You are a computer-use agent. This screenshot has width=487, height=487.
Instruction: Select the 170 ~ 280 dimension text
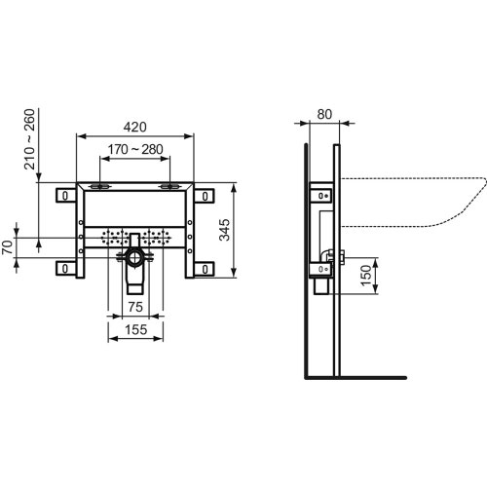point(134,150)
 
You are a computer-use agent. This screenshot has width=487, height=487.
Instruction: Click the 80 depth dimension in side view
point(323,114)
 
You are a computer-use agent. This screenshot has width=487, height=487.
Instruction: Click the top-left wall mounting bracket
point(64,196)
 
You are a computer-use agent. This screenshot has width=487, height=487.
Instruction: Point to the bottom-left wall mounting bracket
point(64,267)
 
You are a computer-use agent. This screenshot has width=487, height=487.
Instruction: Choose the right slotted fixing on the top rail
point(170,186)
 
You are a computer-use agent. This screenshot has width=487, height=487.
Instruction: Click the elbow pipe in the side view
point(325,258)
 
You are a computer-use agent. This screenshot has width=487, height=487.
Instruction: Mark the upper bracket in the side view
point(317,196)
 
